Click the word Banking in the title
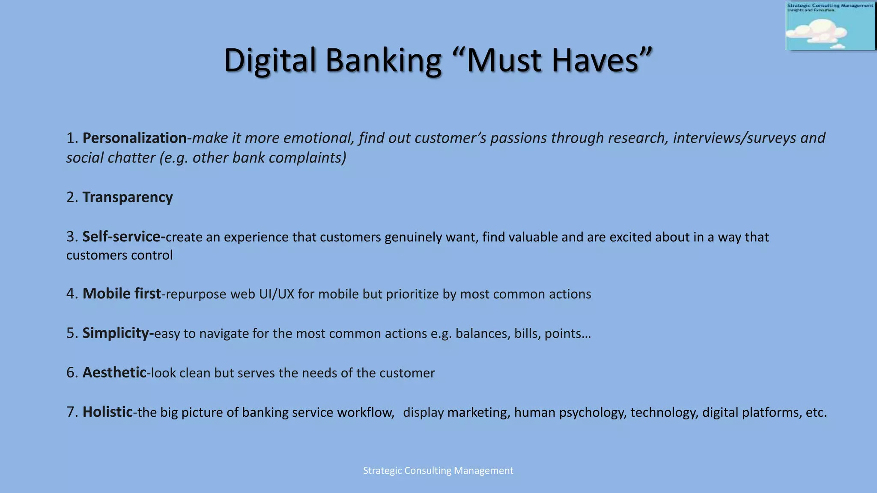pyautogui.click(x=383, y=61)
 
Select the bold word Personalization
pyautogui.click(x=134, y=138)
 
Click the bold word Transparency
pyautogui.click(x=128, y=197)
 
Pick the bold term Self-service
pyautogui.click(x=123, y=237)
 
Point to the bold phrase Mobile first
pyautogui.click(x=122, y=294)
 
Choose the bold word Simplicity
pyautogui.click(x=118, y=333)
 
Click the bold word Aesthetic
pyautogui.click(x=114, y=372)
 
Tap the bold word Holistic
pyautogui.click(x=107, y=412)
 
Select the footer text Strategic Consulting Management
pyautogui.click(x=438, y=471)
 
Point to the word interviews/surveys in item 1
pyautogui.click(x=734, y=138)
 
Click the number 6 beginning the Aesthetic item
pyautogui.click(x=70, y=373)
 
